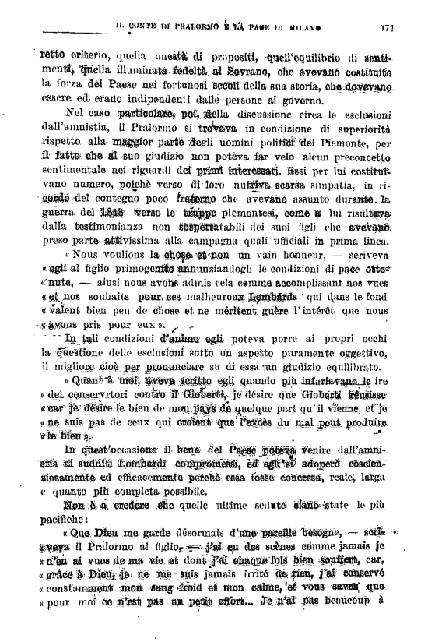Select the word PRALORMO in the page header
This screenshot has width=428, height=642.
pyautogui.click(x=184, y=26)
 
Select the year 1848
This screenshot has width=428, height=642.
pyautogui.click(x=113, y=213)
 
